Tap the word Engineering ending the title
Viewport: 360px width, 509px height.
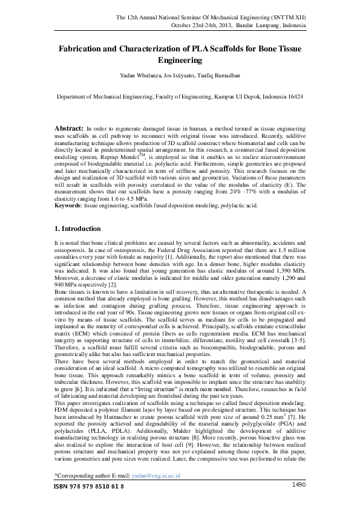coord(180,60)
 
